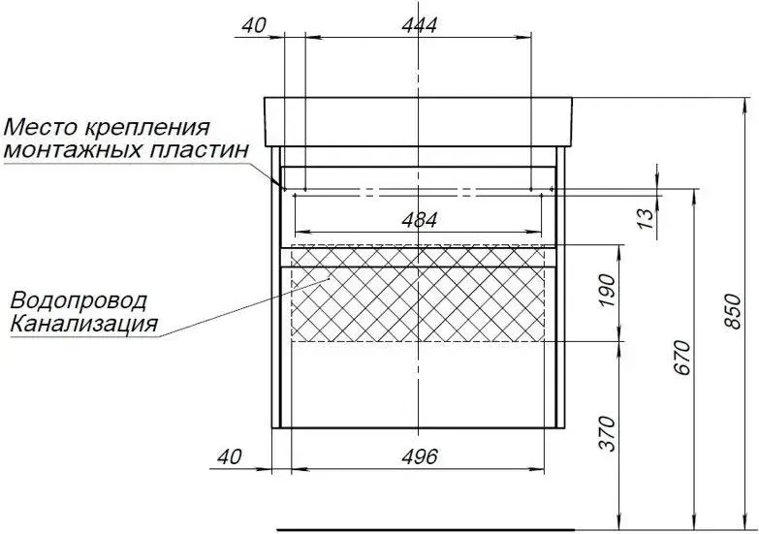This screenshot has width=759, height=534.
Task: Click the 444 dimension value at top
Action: click(x=419, y=25)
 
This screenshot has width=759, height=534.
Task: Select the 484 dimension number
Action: click(x=419, y=220)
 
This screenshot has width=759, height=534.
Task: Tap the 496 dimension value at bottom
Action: click(x=419, y=456)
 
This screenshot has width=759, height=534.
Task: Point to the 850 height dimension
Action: click(x=734, y=311)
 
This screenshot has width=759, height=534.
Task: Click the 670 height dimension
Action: click(x=682, y=358)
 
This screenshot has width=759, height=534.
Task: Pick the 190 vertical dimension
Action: click(x=607, y=291)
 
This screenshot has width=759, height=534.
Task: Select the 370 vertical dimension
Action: click(x=607, y=433)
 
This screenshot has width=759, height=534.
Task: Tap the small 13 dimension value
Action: click(x=646, y=219)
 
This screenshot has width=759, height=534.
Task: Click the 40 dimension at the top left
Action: click(x=254, y=25)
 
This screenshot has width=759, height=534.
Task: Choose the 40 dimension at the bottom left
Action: click(x=229, y=456)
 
